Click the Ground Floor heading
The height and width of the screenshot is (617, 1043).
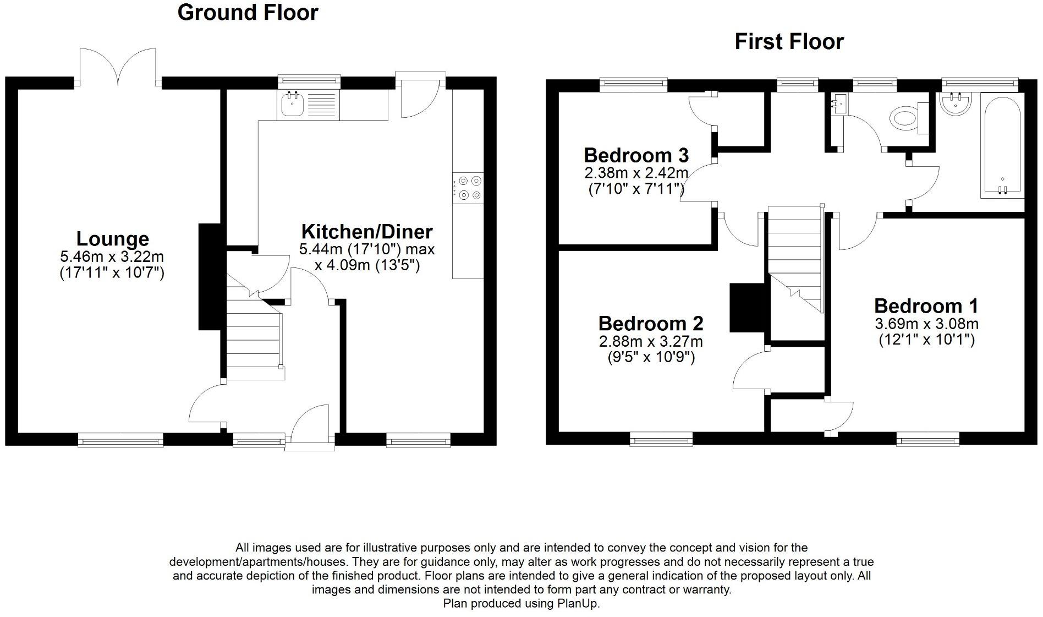pyautogui.click(x=248, y=13)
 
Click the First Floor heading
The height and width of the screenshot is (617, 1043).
pyautogui.click(x=789, y=42)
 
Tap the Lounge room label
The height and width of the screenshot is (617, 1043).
pyautogui.click(x=112, y=239)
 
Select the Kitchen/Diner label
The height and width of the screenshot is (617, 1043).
pyautogui.click(x=367, y=231)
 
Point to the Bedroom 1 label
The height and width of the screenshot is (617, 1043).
pyautogui.click(x=926, y=306)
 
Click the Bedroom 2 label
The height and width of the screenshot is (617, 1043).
pyautogui.click(x=651, y=323)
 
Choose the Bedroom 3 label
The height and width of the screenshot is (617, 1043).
pyautogui.click(x=636, y=155)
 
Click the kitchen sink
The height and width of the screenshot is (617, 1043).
pyautogui.click(x=292, y=105)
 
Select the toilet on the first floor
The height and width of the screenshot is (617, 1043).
pyautogui.click(x=905, y=118)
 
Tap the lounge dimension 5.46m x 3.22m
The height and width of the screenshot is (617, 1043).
pyautogui.click(x=112, y=256)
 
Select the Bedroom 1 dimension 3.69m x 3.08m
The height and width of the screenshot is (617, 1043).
pyautogui.click(x=926, y=324)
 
